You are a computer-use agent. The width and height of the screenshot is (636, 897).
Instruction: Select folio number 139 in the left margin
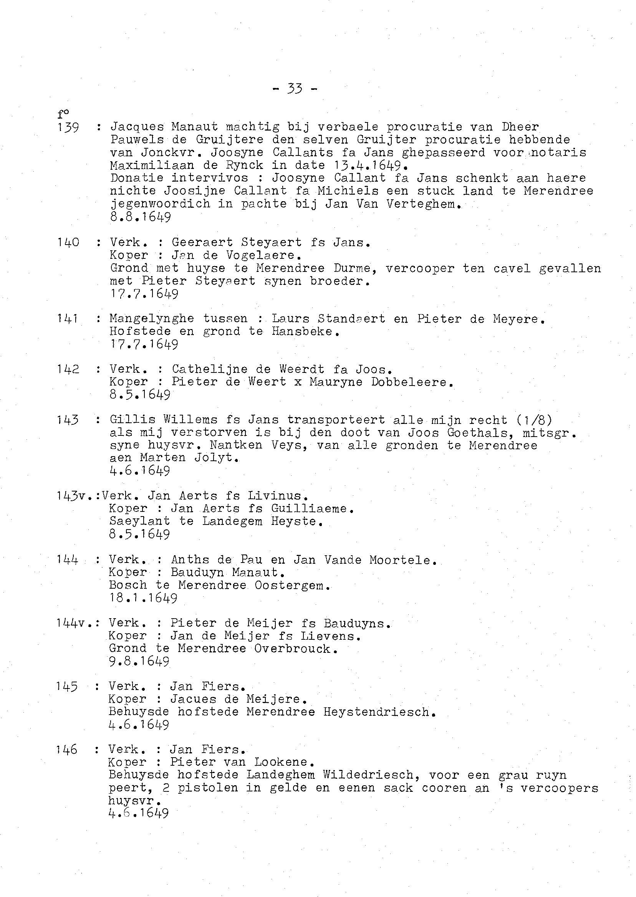pos(68,127)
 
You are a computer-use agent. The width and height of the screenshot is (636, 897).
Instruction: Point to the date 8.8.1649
pos(141,217)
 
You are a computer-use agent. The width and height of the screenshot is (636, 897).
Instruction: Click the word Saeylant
pos(139,521)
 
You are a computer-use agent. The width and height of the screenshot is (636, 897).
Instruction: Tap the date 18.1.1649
pos(143,598)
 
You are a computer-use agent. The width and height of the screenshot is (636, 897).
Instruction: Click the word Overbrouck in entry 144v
pos(294,649)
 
